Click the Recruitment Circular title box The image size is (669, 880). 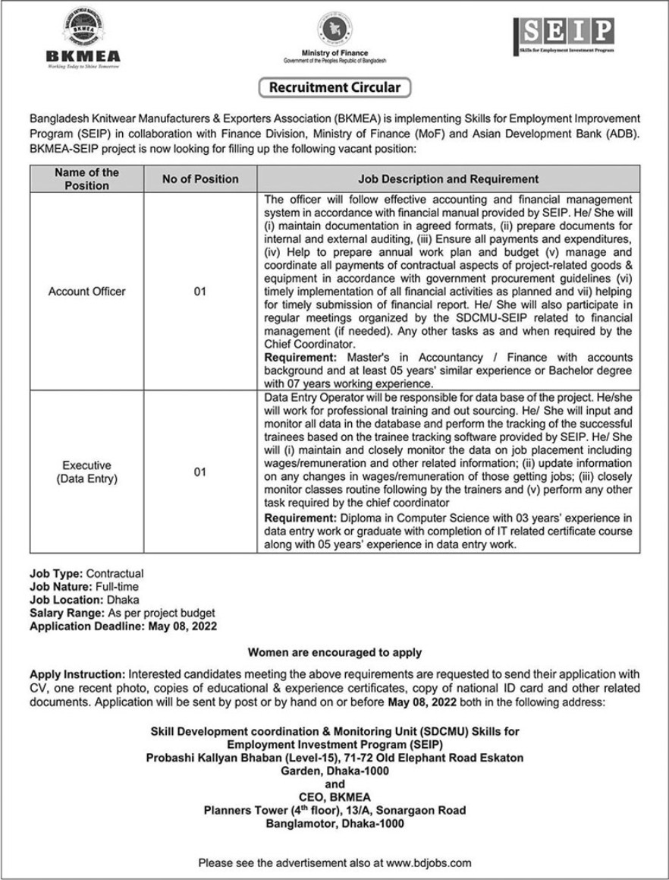[334, 87]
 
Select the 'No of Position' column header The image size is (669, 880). [200, 179]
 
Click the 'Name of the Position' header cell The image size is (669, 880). [87, 179]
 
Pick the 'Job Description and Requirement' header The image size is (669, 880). [448, 179]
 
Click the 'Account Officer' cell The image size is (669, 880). [87, 292]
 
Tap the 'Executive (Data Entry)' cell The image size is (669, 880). [87, 472]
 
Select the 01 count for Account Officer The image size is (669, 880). [199, 292]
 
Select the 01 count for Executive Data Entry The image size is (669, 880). [199, 472]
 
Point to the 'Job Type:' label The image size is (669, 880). [56, 573]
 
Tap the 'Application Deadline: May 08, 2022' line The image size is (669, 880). [123, 626]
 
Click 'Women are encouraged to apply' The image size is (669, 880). [334, 652]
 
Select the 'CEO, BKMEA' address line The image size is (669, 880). [334, 796]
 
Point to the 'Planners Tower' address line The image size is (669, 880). [334, 810]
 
